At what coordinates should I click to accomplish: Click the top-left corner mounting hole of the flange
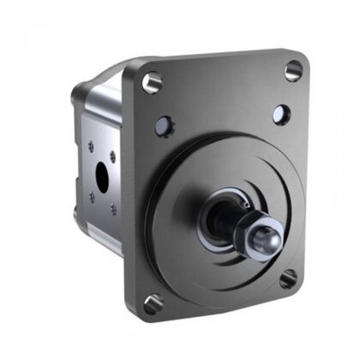(x=152, y=82)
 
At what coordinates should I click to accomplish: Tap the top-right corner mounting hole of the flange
(x=293, y=70)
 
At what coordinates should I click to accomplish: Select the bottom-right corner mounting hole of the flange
(x=288, y=278)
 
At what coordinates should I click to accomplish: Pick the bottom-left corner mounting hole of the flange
(x=153, y=303)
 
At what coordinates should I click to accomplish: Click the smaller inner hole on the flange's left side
(x=164, y=125)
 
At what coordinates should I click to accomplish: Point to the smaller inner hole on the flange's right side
(x=281, y=114)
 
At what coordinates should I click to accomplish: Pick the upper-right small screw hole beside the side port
(x=112, y=155)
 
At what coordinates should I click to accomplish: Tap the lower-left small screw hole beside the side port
(x=91, y=199)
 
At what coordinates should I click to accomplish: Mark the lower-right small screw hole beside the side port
(x=113, y=211)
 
